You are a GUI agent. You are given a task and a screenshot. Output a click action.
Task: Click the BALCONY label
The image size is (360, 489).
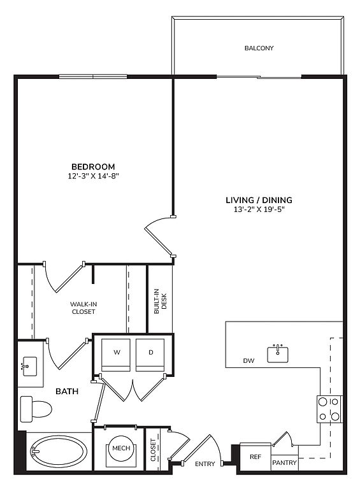[259, 48]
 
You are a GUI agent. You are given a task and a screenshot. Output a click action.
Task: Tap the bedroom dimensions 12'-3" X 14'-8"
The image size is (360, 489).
[94, 176]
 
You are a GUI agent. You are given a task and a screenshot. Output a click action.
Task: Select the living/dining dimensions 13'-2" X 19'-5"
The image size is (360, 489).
[259, 209]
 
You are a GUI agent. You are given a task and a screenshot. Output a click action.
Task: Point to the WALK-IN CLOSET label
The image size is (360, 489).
[83, 308]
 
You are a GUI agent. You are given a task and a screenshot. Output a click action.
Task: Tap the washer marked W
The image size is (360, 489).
[116, 355]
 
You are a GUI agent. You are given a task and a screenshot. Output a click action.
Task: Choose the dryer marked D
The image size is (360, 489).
[150, 355]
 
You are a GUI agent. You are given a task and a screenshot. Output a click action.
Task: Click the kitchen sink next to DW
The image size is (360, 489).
[278, 353]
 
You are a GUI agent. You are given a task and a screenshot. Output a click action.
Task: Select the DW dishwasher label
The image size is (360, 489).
[248, 361]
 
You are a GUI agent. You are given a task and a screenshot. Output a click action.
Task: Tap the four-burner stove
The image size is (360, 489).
[329, 409]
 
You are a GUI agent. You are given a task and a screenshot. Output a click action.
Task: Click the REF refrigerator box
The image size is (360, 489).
[255, 457]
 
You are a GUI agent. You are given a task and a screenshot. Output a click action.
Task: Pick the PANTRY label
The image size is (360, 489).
[284, 462]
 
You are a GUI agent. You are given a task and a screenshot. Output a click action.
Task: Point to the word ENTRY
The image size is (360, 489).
[205, 464]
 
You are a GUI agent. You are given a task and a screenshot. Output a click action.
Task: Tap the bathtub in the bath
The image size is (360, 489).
[59, 451]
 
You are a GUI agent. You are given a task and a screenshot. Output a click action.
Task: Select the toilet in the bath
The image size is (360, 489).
[36, 409]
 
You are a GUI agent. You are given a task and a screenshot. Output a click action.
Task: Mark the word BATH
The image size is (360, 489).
[67, 391]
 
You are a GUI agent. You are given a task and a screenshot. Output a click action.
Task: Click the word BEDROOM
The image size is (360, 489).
[93, 167]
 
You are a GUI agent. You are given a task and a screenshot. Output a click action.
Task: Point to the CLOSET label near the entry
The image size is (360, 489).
[153, 450]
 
